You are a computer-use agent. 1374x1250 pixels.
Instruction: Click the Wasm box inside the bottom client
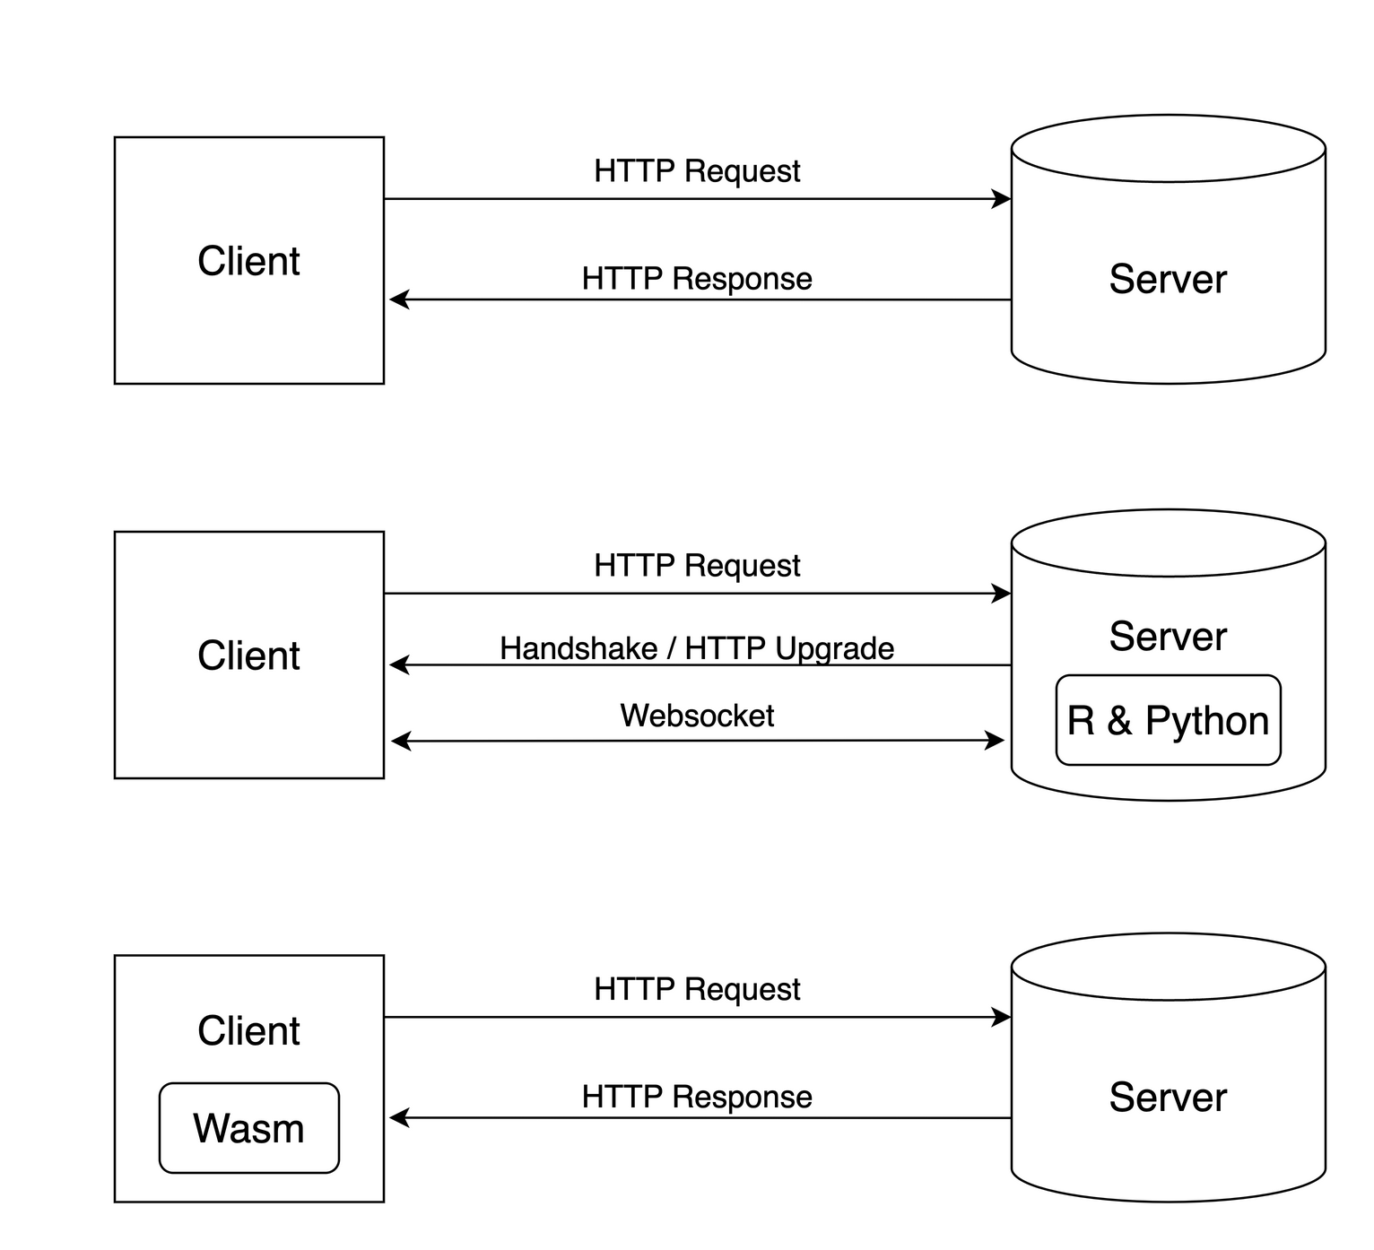click(x=248, y=1128)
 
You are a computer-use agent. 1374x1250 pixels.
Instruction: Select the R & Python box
click(x=1168, y=721)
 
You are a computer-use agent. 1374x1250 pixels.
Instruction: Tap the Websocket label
click(x=697, y=716)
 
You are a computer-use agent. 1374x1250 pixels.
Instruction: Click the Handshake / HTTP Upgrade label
click(x=697, y=648)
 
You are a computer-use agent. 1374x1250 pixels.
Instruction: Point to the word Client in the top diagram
click(x=248, y=261)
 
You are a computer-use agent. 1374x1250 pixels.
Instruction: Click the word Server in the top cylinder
click(x=1168, y=279)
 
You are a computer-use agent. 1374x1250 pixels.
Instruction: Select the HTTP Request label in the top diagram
click(x=697, y=170)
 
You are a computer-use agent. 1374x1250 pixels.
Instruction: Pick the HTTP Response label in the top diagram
click(x=697, y=279)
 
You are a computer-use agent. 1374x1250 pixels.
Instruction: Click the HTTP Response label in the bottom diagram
click(x=697, y=1097)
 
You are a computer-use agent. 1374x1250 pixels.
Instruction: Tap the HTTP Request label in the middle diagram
click(x=697, y=566)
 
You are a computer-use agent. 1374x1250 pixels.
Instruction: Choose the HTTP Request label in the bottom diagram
click(x=697, y=989)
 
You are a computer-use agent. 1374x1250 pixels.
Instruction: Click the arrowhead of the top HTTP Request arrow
click(x=1002, y=199)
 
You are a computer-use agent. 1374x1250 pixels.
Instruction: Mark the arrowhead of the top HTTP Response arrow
click(x=399, y=299)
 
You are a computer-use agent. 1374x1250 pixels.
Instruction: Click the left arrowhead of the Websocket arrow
click(x=401, y=742)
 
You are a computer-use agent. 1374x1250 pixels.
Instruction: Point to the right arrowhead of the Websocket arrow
click(x=996, y=741)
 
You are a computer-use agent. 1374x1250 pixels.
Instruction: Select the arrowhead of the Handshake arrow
click(x=399, y=665)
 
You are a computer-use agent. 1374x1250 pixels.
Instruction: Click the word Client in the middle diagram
click(x=248, y=655)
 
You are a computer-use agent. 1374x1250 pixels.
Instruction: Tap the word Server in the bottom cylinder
click(x=1168, y=1098)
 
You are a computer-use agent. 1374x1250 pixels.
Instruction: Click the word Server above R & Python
click(x=1168, y=637)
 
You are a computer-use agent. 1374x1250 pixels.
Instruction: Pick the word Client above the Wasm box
click(x=248, y=1031)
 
